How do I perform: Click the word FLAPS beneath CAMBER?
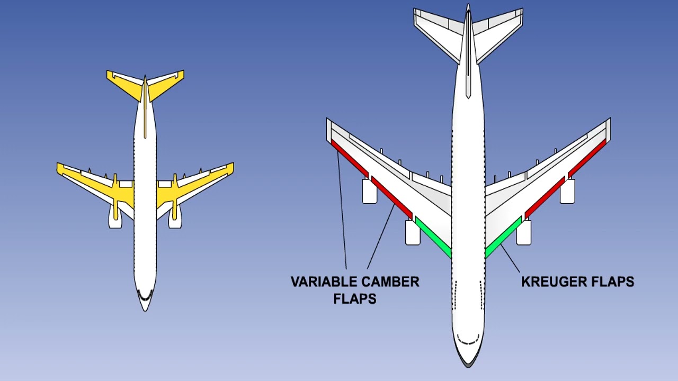pyautogui.click(x=355, y=299)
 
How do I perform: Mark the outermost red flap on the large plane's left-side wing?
pyautogui.click(x=349, y=158)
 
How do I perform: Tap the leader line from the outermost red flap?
pyautogui.click(x=342, y=212)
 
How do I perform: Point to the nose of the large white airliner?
pyautogui.click(x=468, y=360)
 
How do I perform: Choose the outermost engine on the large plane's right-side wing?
pyautogui.click(x=567, y=192)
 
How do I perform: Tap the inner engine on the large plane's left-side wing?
pyautogui.click(x=413, y=233)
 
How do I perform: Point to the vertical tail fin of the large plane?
pyautogui.click(x=468, y=53)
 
